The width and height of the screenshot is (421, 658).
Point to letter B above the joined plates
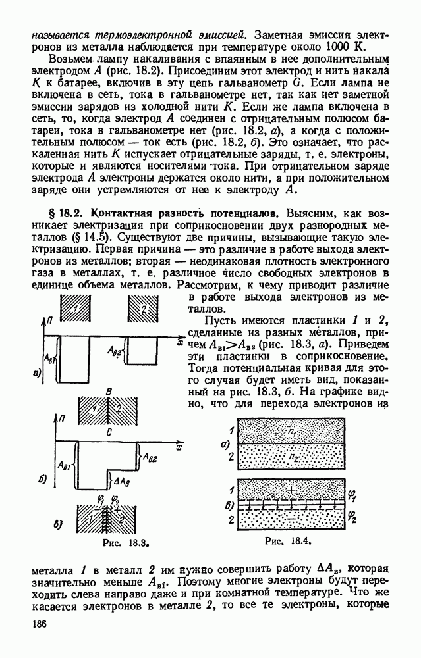[x=109, y=391]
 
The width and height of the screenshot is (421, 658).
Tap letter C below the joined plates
[x=109, y=432]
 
